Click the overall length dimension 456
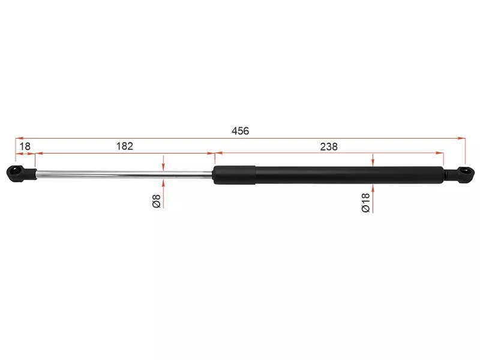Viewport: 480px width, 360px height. [241, 131]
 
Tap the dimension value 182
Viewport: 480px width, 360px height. [125, 146]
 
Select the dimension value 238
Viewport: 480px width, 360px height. [329, 146]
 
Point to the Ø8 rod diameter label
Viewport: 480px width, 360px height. [157, 201]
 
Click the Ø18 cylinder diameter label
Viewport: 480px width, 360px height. [366, 203]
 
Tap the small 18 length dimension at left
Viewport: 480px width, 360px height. [25, 146]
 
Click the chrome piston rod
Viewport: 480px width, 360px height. [124, 174]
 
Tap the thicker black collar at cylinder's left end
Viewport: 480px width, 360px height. [234, 175]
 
